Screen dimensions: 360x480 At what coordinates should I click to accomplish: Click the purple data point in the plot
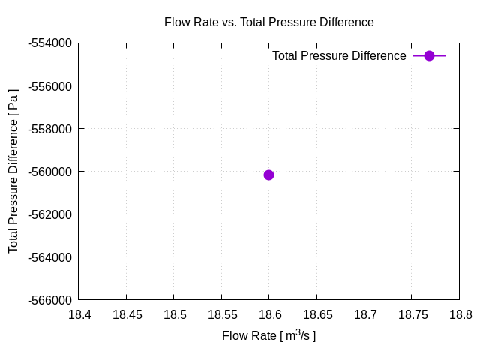point(268,175)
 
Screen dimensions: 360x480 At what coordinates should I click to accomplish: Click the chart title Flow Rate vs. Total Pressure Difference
point(268,22)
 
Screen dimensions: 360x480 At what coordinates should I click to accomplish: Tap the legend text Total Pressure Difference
point(339,55)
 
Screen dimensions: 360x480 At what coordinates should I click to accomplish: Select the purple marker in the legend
point(429,55)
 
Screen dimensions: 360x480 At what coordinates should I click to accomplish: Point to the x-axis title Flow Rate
point(268,335)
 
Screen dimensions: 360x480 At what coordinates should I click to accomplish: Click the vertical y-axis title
point(13,171)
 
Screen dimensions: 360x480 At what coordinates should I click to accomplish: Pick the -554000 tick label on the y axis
point(49,43)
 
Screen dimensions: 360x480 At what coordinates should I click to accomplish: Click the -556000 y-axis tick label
point(49,85)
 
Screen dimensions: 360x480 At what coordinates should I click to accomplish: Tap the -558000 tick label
point(49,128)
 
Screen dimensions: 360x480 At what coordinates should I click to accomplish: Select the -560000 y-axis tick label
point(49,172)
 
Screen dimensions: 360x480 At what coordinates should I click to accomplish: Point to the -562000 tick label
point(49,214)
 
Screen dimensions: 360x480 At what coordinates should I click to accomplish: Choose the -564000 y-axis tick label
point(49,257)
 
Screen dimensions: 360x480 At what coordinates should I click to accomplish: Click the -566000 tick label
point(49,300)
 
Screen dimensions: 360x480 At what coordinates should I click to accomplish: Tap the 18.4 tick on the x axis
point(79,315)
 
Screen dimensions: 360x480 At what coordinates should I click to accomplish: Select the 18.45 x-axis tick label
point(126,315)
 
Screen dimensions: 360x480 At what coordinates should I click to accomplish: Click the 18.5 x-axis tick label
point(174,315)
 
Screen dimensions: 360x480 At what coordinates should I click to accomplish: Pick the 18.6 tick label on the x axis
point(269,315)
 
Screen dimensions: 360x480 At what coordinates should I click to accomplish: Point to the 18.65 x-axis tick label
point(316,315)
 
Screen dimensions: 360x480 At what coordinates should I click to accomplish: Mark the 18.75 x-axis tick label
point(412,315)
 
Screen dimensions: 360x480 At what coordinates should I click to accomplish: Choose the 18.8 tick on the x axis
point(459,315)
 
